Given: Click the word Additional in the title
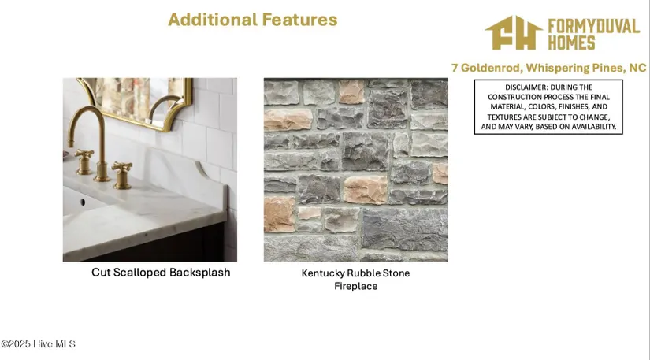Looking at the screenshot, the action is click(x=213, y=20).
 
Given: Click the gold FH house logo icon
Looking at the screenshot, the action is click(x=514, y=33).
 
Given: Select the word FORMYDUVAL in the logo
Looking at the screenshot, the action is click(x=593, y=26).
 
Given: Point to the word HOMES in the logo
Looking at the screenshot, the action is click(x=571, y=43).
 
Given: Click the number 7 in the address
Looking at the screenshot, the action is click(x=455, y=68).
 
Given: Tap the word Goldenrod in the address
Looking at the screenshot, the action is click(x=491, y=68).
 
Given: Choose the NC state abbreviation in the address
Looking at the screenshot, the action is click(x=637, y=68).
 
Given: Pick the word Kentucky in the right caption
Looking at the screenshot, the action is click(x=322, y=273).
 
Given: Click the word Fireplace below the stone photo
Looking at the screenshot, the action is click(x=355, y=286).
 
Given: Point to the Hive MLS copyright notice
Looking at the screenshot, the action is click(x=38, y=343).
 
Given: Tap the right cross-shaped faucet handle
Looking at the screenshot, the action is click(x=122, y=175).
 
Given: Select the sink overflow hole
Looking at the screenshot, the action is click(x=83, y=202).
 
